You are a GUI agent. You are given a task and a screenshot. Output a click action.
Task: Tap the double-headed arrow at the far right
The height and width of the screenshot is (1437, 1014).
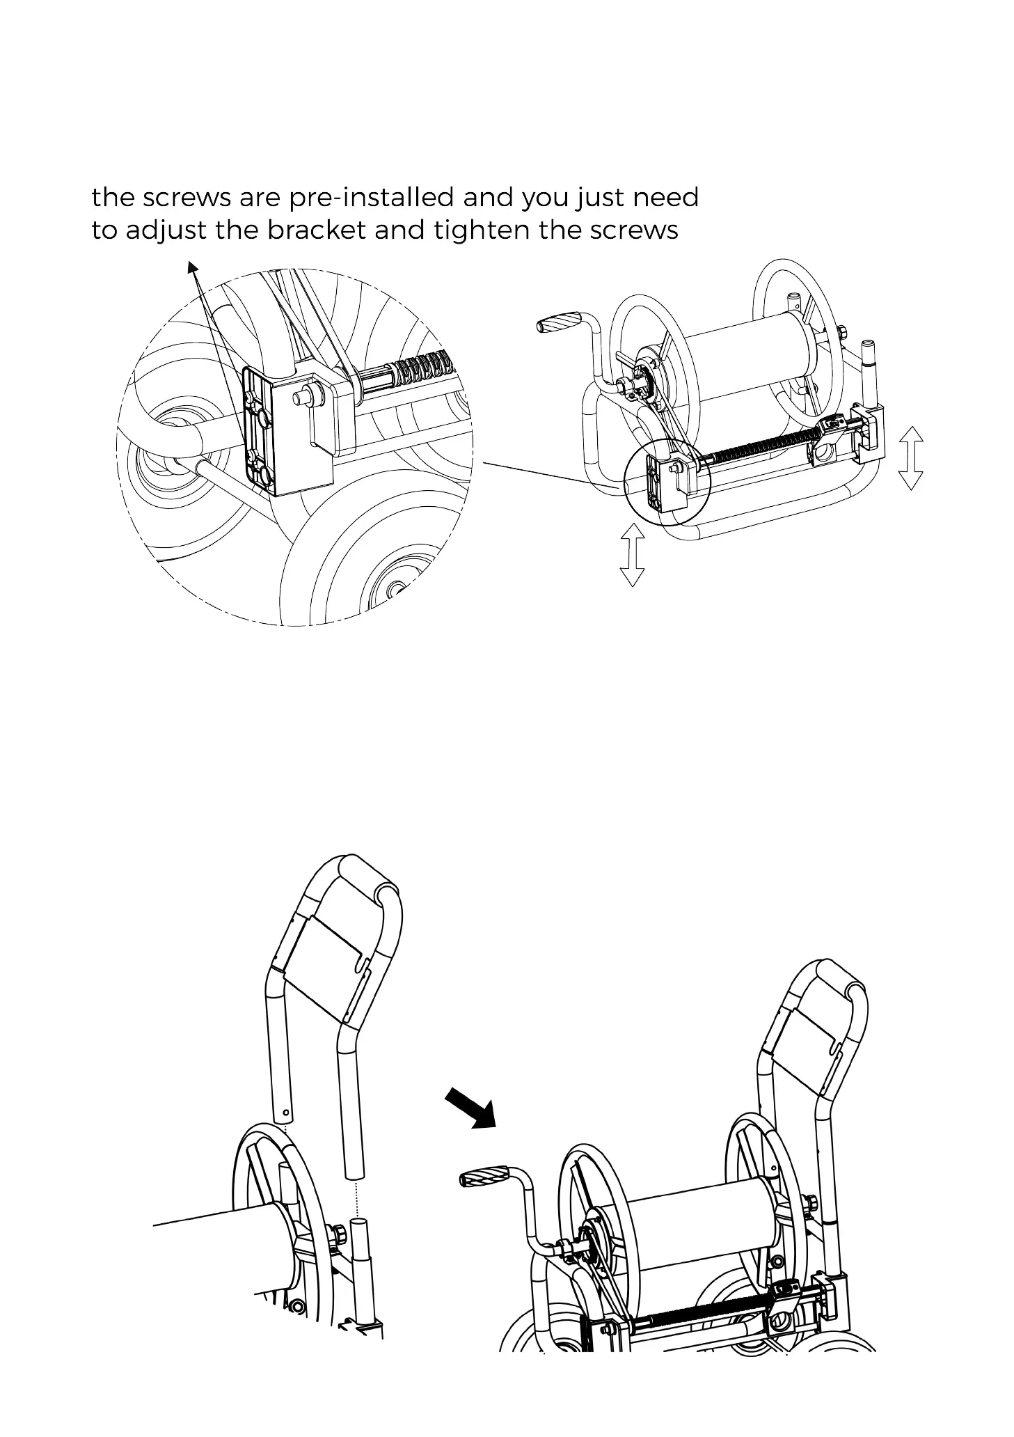910,458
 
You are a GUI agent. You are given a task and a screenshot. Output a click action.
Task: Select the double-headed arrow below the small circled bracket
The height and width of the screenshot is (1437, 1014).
632,554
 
